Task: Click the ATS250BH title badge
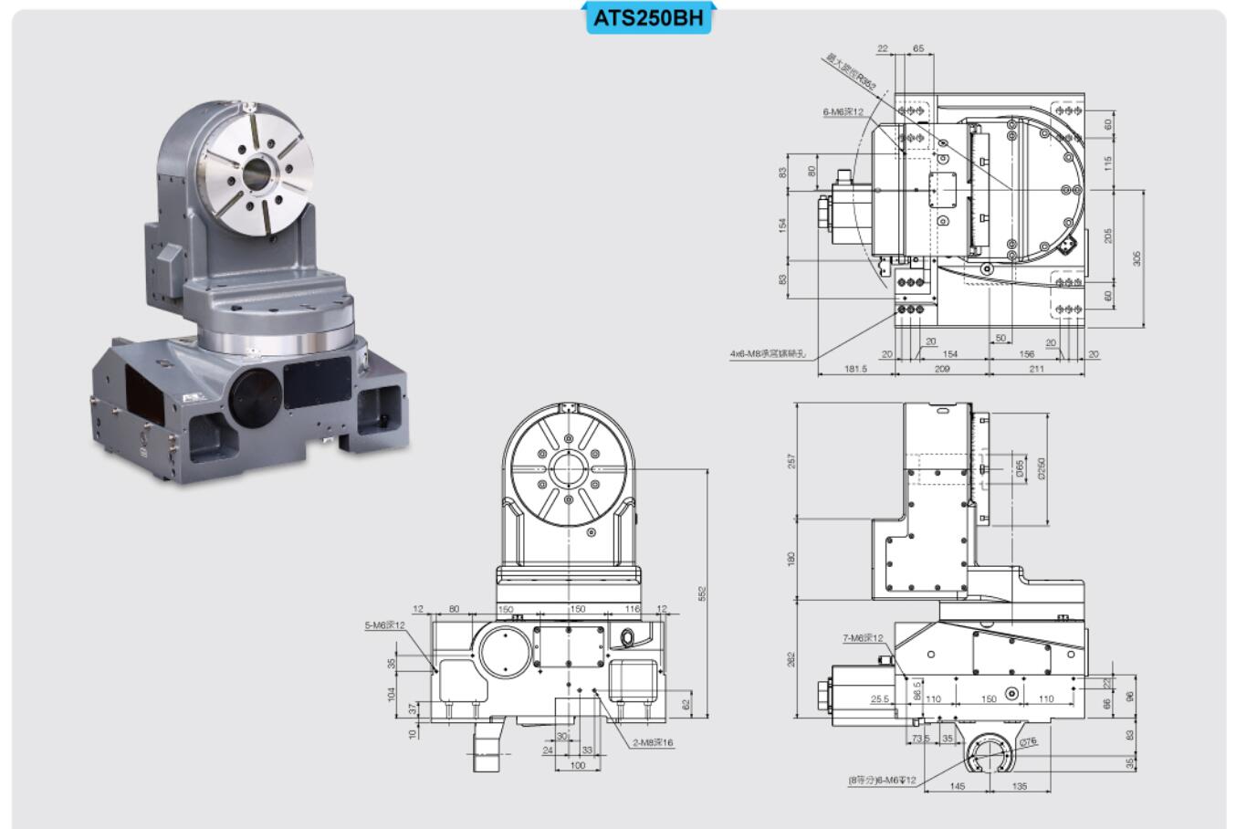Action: click(648, 17)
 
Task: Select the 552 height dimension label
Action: click(703, 593)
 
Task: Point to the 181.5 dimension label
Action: click(855, 369)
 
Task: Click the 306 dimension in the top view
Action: click(1136, 258)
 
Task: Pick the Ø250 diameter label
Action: click(1042, 467)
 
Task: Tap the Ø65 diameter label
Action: click(1020, 467)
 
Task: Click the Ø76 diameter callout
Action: click(1028, 742)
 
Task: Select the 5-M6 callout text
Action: click(384, 625)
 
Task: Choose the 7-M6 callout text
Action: click(862, 638)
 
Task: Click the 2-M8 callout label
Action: click(654, 743)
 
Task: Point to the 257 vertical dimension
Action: click(791, 463)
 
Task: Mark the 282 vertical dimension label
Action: click(791, 657)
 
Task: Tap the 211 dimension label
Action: click(1036, 369)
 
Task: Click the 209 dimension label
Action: click(941, 369)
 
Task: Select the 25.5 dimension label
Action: click(879, 700)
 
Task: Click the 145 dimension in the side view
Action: click(958, 785)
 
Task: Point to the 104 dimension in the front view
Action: click(393, 694)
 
